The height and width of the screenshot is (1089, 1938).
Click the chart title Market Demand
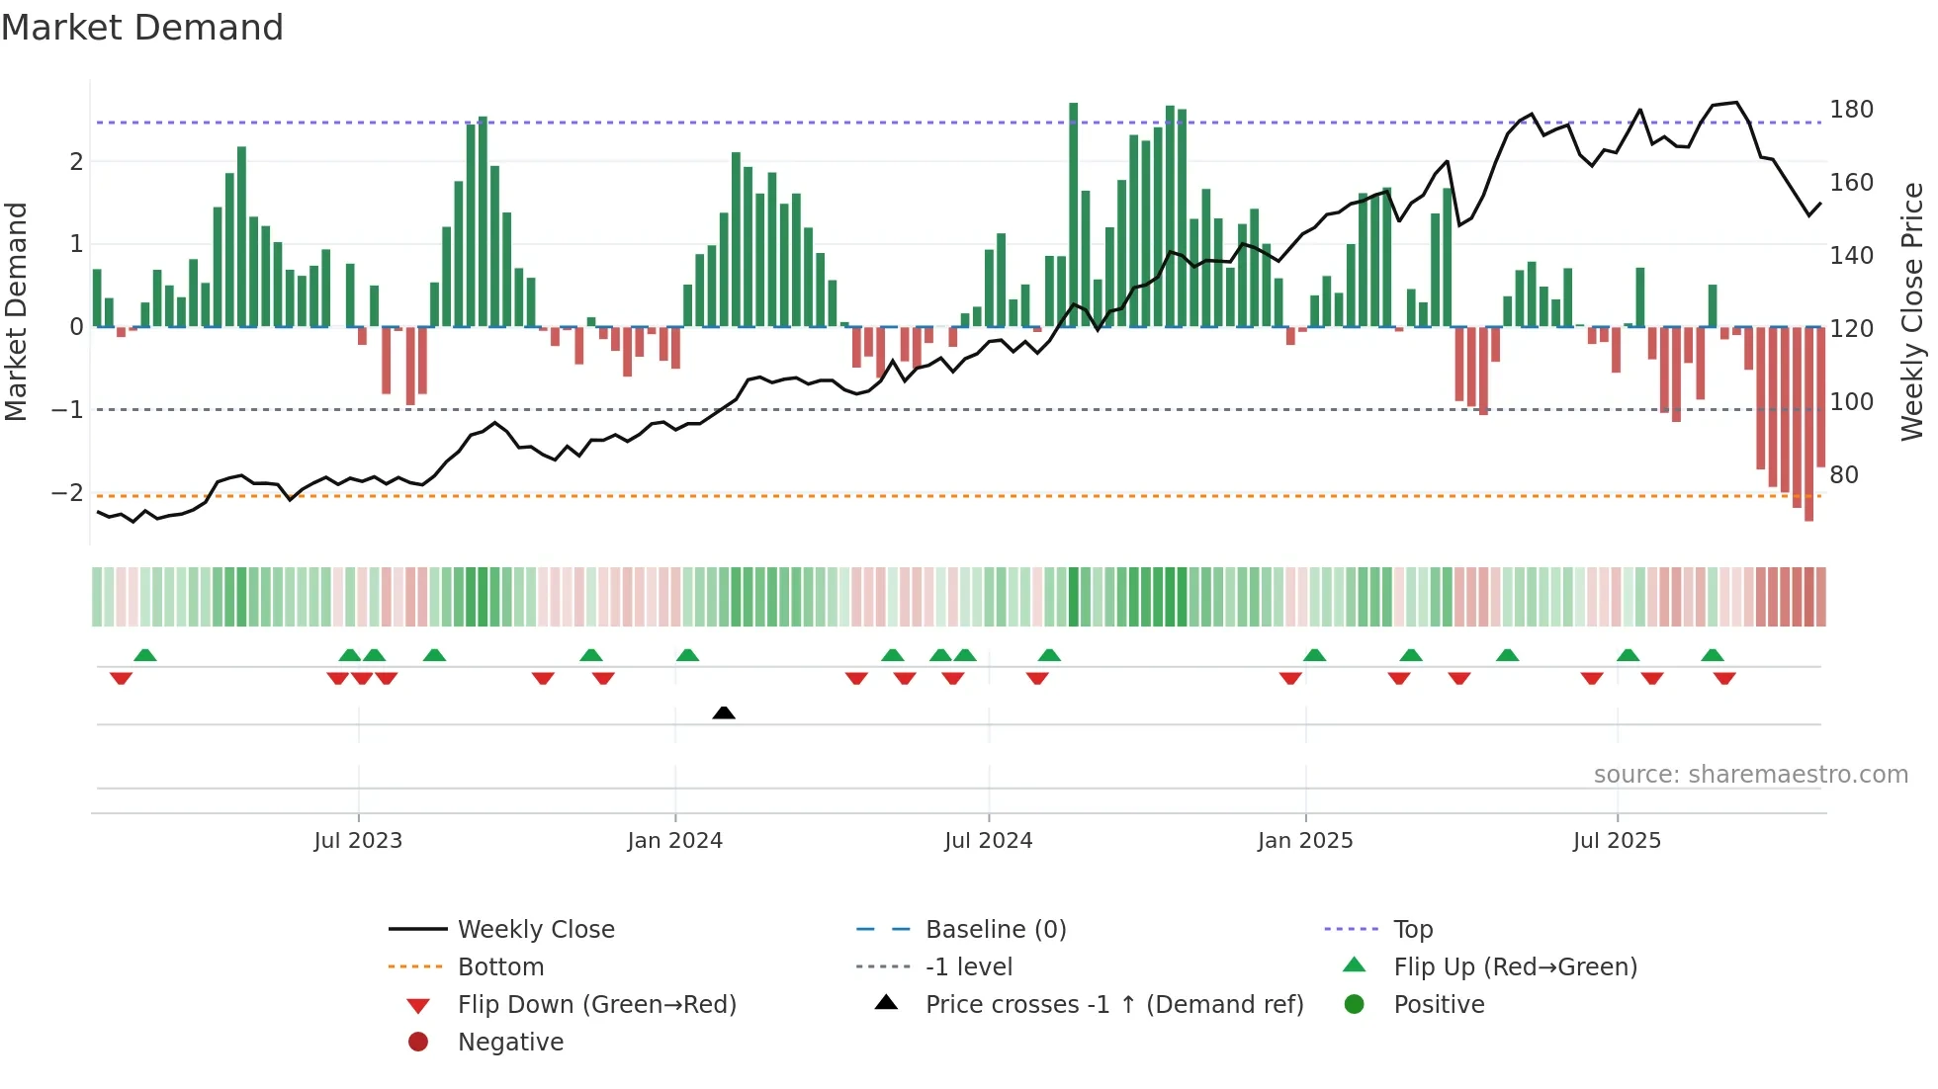(142, 28)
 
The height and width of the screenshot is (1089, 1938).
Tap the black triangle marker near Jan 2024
(724, 712)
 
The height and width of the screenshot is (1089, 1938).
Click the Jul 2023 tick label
(358, 841)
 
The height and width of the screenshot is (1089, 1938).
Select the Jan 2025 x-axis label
(1305, 841)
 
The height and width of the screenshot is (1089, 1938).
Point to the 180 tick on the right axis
(1851, 110)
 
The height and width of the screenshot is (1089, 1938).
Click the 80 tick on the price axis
(1844, 475)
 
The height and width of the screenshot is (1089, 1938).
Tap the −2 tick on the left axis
(68, 492)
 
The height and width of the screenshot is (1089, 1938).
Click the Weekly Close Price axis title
(1912, 311)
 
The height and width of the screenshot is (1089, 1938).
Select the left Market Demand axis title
(17, 311)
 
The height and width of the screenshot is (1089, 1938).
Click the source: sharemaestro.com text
(1750, 775)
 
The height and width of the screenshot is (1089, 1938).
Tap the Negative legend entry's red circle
(418, 1043)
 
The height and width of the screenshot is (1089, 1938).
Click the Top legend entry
(1413, 930)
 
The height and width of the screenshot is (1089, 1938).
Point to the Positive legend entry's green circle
(1355, 1005)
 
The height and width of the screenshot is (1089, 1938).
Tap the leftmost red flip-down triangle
(121, 678)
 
